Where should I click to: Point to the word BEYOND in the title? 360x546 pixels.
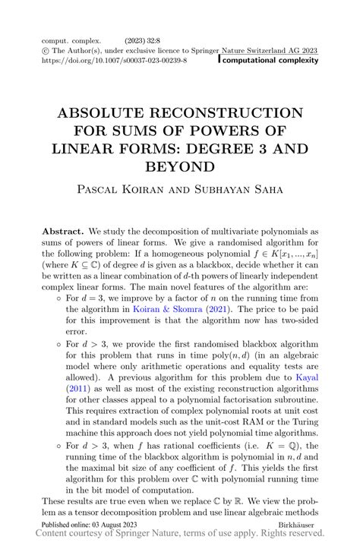tap(180, 165)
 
